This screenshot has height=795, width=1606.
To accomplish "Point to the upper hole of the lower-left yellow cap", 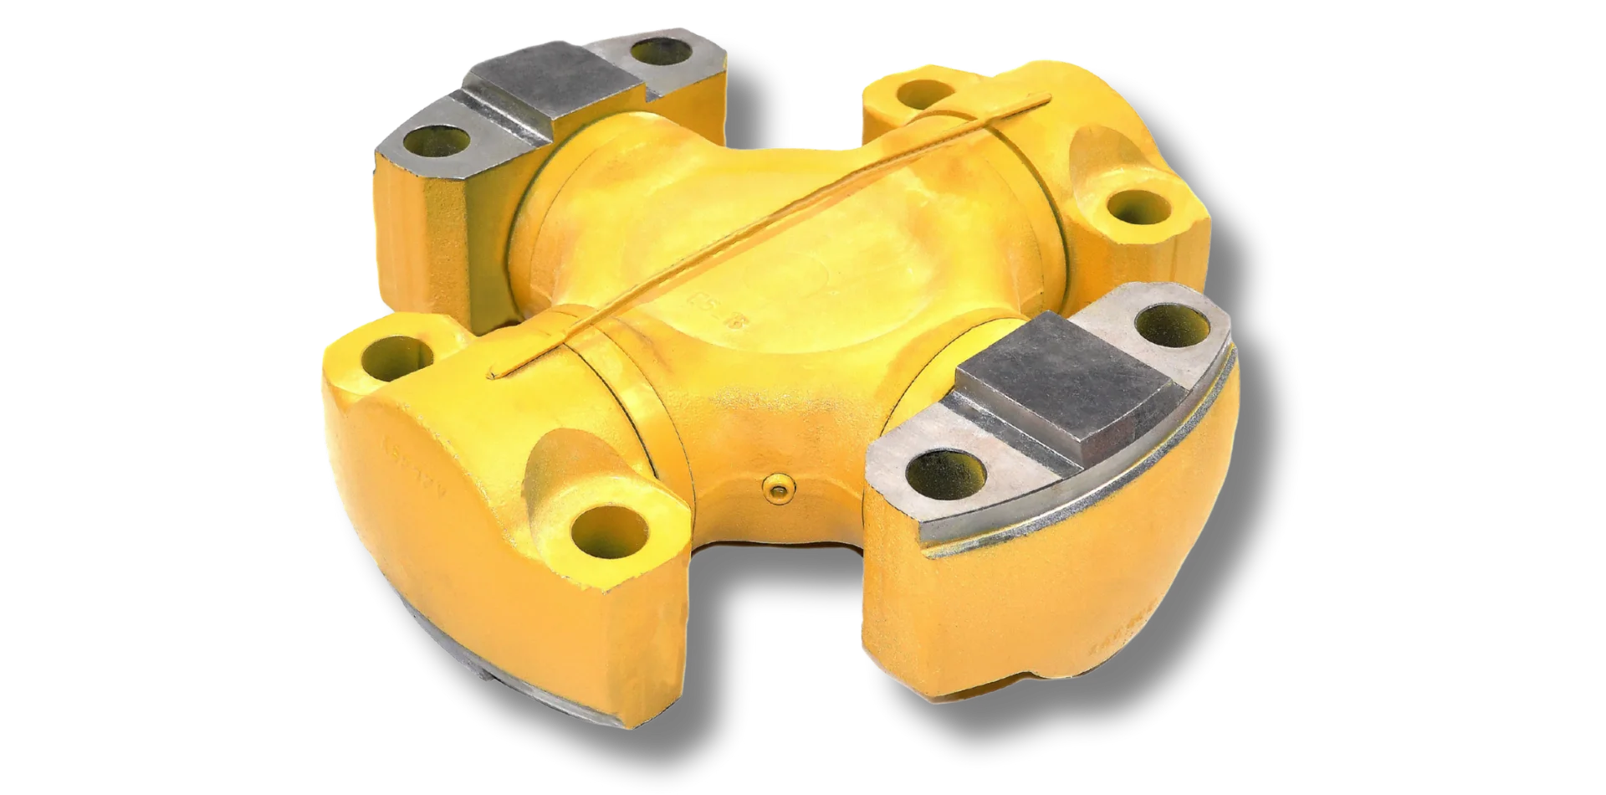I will click(393, 356).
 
